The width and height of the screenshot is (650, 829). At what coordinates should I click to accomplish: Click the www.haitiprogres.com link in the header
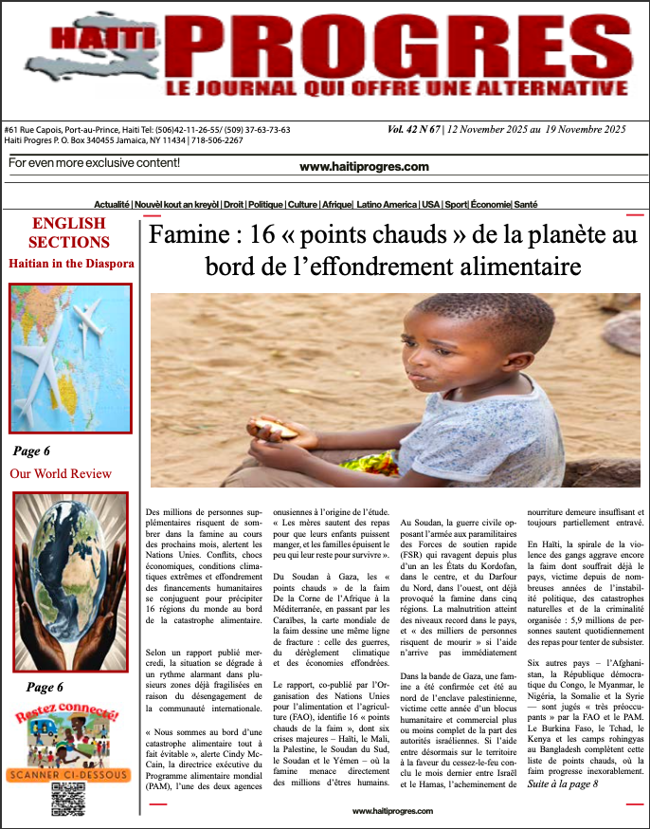[364, 167]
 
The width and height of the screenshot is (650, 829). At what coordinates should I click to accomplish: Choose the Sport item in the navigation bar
[457, 205]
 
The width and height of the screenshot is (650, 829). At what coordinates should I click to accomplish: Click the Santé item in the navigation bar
[526, 205]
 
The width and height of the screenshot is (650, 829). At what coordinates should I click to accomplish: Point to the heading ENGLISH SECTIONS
[70, 232]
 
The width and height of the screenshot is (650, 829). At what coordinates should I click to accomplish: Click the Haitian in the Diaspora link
[71, 263]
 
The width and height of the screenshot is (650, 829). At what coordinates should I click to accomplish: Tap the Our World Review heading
[61, 473]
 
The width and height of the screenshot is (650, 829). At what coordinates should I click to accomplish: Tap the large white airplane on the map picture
[47, 364]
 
